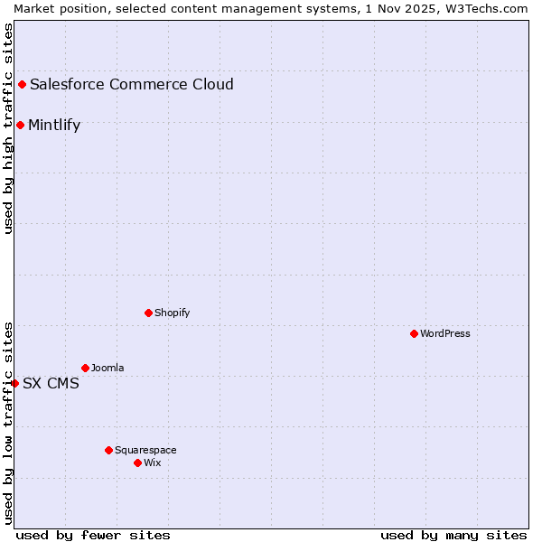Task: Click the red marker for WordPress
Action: [414, 333]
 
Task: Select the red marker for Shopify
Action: [148, 313]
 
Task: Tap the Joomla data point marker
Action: [85, 368]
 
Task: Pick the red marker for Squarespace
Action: [108, 450]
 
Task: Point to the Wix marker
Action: [137, 463]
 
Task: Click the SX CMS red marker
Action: [14, 383]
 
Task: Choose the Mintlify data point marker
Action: [20, 125]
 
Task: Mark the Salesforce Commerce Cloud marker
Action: [22, 84]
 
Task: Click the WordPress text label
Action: [445, 333]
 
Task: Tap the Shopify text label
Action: [173, 313]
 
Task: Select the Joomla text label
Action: [107, 368]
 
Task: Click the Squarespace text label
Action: [145, 450]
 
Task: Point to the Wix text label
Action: [153, 463]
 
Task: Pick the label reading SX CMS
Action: [51, 383]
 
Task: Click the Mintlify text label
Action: [54, 125]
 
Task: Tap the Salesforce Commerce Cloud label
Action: [132, 84]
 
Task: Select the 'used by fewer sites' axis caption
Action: [93, 535]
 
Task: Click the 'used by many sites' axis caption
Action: [453, 535]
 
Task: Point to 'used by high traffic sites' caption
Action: [8, 128]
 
